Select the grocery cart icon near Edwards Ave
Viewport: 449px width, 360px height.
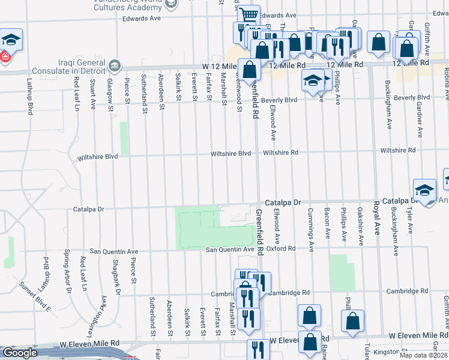pyautogui.click(x=248, y=14)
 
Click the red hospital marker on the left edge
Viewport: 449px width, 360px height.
pyautogui.click(x=4, y=58)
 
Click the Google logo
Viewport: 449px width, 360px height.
pyautogui.click(x=20, y=353)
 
